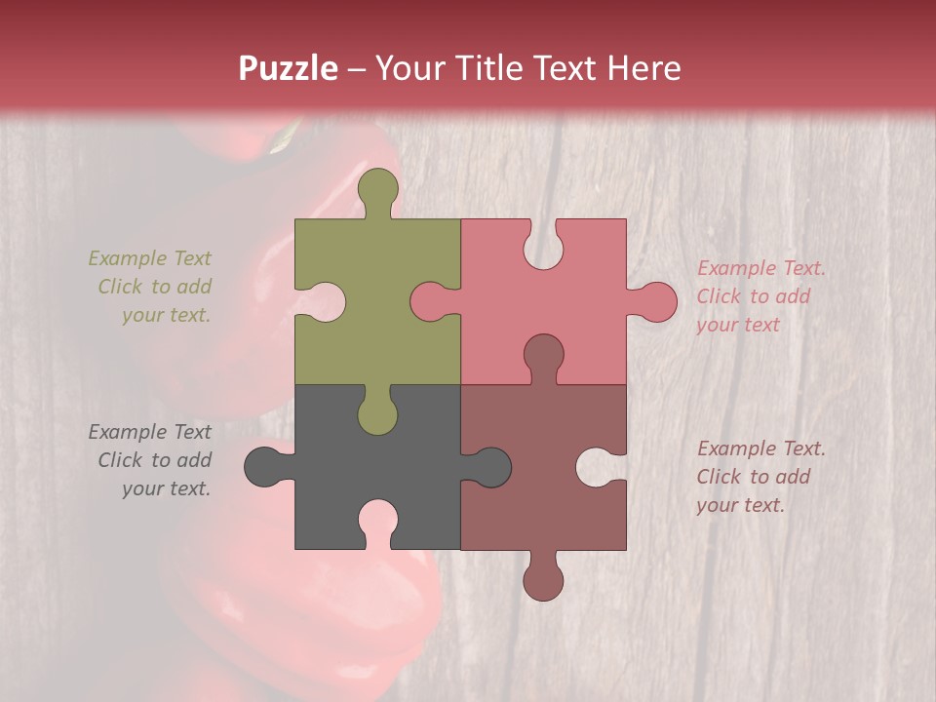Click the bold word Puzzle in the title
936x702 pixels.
click(289, 68)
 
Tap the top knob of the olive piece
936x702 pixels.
click(377, 190)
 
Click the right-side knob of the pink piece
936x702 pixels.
click(656, 302)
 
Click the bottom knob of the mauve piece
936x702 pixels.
click(543, 579)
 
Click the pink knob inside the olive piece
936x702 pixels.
click(430, 302)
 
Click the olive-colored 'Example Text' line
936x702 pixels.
click(149, 258)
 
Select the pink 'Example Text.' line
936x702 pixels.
click(761, 268)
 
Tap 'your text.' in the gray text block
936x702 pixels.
click(166, 488)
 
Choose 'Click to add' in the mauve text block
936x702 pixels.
click(753, 477)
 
